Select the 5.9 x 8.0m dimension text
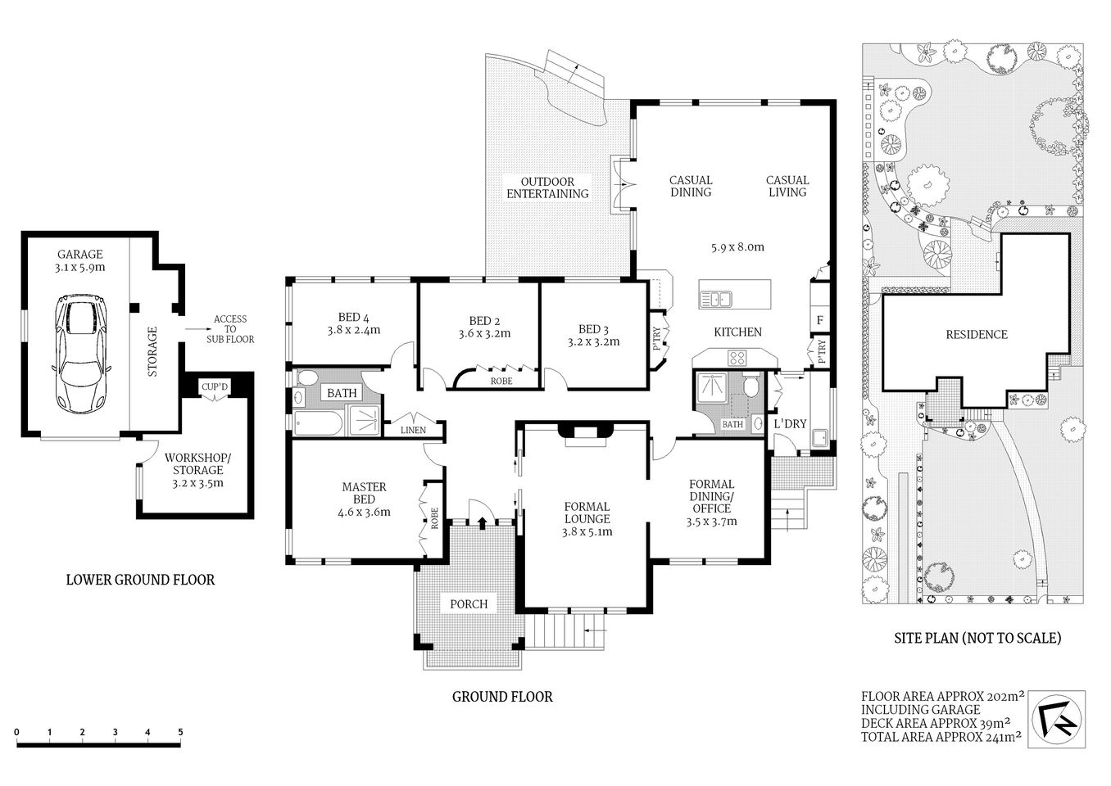pos(736,246)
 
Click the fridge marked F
pos(819,319)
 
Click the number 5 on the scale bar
pos(180,732)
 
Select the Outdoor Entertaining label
pos(547,187)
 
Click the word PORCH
pos(469,604)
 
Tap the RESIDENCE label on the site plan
pos(977,334)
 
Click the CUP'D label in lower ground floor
pos(215,386)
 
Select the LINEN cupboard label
pos(413,431)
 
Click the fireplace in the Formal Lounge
pos(583,434)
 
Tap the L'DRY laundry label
pos(791,423)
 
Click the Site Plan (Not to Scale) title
pos(977,638)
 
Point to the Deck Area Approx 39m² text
pos(934,723)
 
